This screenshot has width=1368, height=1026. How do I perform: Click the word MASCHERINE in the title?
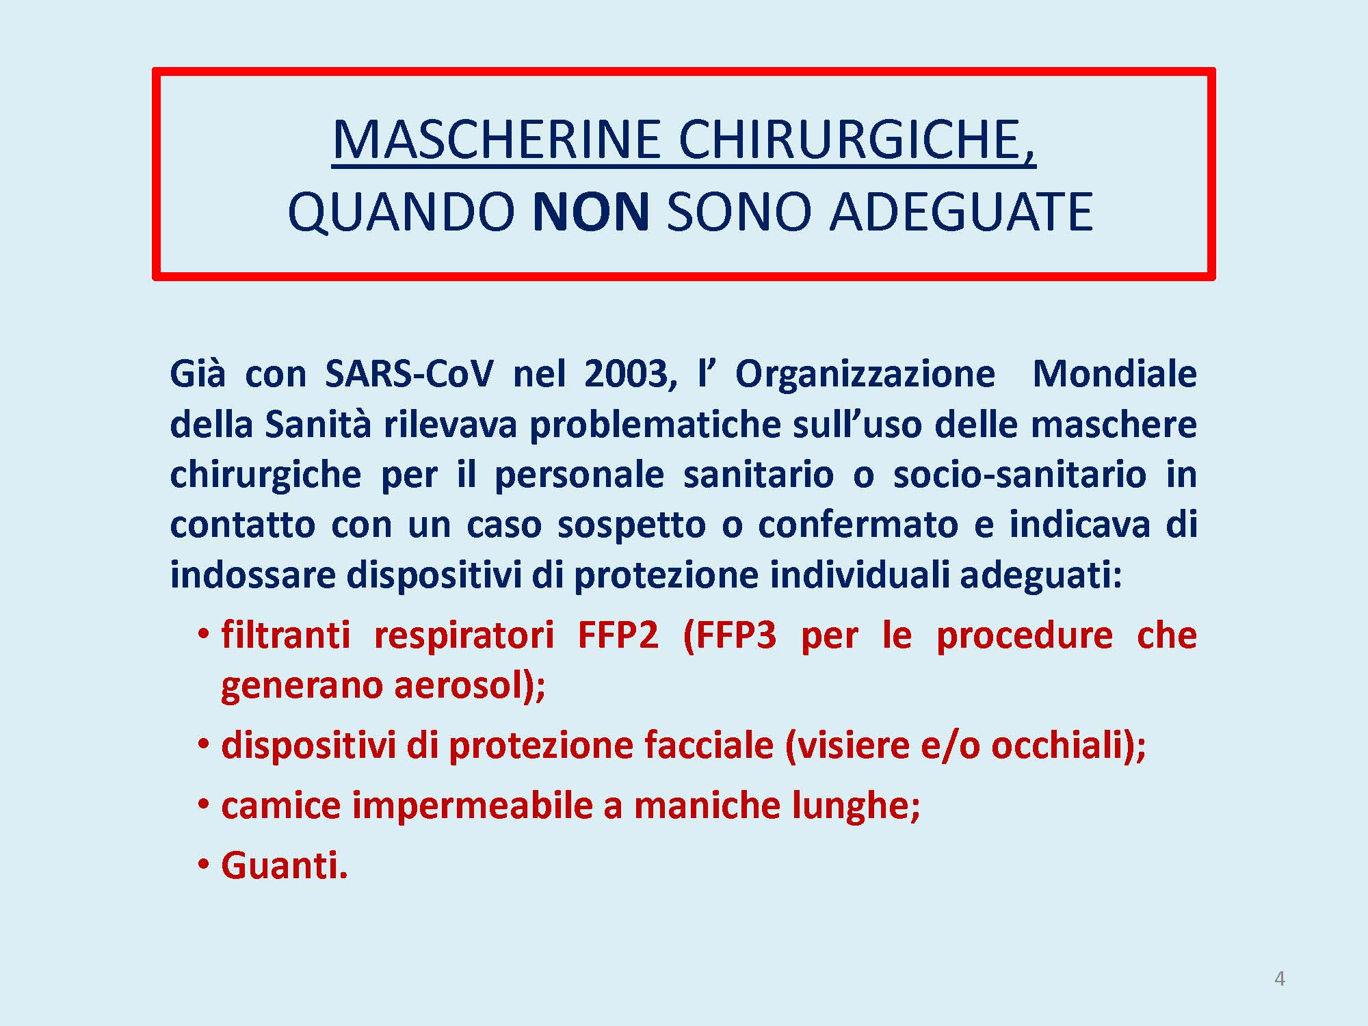click(x=497, y=140)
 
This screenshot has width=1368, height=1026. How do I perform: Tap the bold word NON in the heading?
click(x=591, y=211)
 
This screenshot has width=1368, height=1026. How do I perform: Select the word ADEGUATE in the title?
click(x=961, y=211)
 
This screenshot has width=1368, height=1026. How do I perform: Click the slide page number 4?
click(x=1280, y=979)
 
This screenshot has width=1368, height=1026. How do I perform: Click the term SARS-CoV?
click(x=409, y=374)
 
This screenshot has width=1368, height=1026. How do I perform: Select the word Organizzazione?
click(x=865, y=375)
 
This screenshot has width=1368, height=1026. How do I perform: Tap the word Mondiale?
click(x=1115, y=374)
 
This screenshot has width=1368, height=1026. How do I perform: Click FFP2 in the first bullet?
click(x=618, y=635)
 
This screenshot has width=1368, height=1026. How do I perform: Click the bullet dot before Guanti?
click(x=204, y=865)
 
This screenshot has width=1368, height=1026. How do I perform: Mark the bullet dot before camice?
click(x=204, y=805)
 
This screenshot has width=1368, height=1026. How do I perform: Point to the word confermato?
click(x=858, y=525)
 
